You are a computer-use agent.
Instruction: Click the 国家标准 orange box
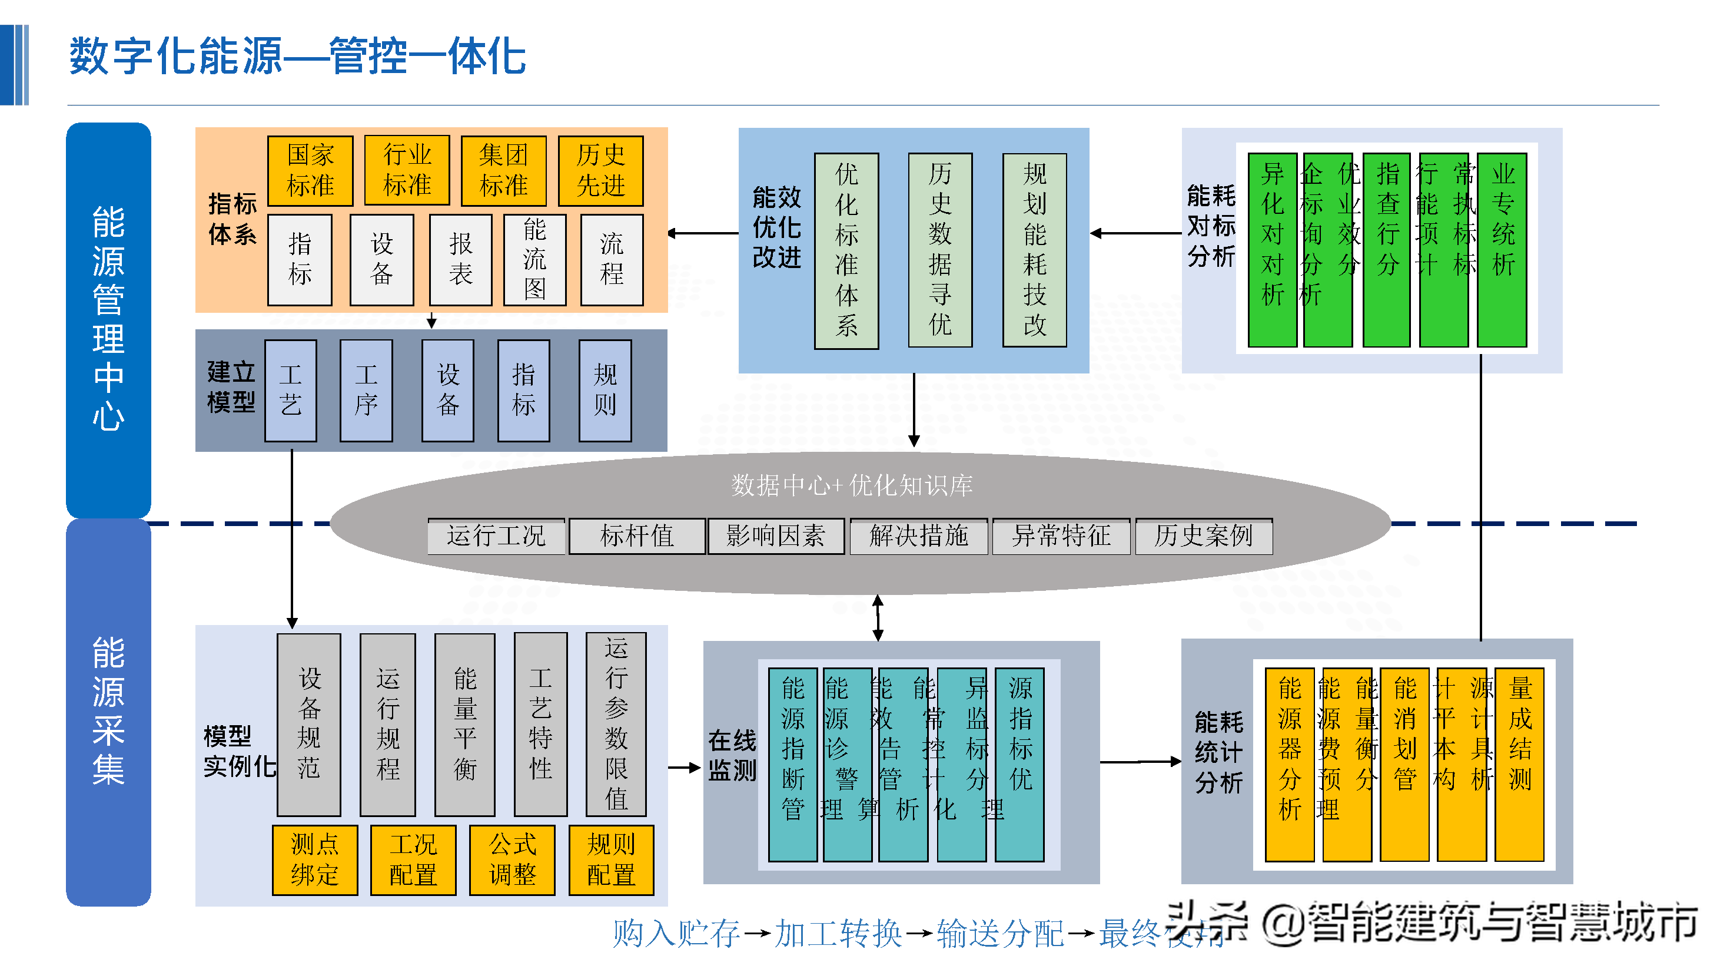[310, 170]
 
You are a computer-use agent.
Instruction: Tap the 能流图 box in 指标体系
[534, 260]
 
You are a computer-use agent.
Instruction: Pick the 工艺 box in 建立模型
[290, 390]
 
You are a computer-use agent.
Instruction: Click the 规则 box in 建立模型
[605, 390]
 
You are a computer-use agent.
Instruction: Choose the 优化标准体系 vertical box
[846, 250]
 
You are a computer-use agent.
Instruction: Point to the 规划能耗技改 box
[1034, 250]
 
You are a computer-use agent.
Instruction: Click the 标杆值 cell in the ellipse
[636, 536]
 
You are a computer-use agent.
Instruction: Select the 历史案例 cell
[1203, 536]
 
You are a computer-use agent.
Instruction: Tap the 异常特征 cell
[1061, 536]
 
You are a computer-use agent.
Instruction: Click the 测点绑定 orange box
[314, 860]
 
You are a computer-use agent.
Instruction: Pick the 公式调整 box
[512, 860]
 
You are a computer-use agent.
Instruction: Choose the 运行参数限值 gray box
[616, 724]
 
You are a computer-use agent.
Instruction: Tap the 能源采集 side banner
[109, 711]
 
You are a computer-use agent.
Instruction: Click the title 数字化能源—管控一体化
[298, 57]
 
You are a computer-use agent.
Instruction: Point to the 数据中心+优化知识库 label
[851, 485]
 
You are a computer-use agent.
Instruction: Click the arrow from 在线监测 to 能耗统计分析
[1140, 762]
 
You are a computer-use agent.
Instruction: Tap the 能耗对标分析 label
[1211, 226]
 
